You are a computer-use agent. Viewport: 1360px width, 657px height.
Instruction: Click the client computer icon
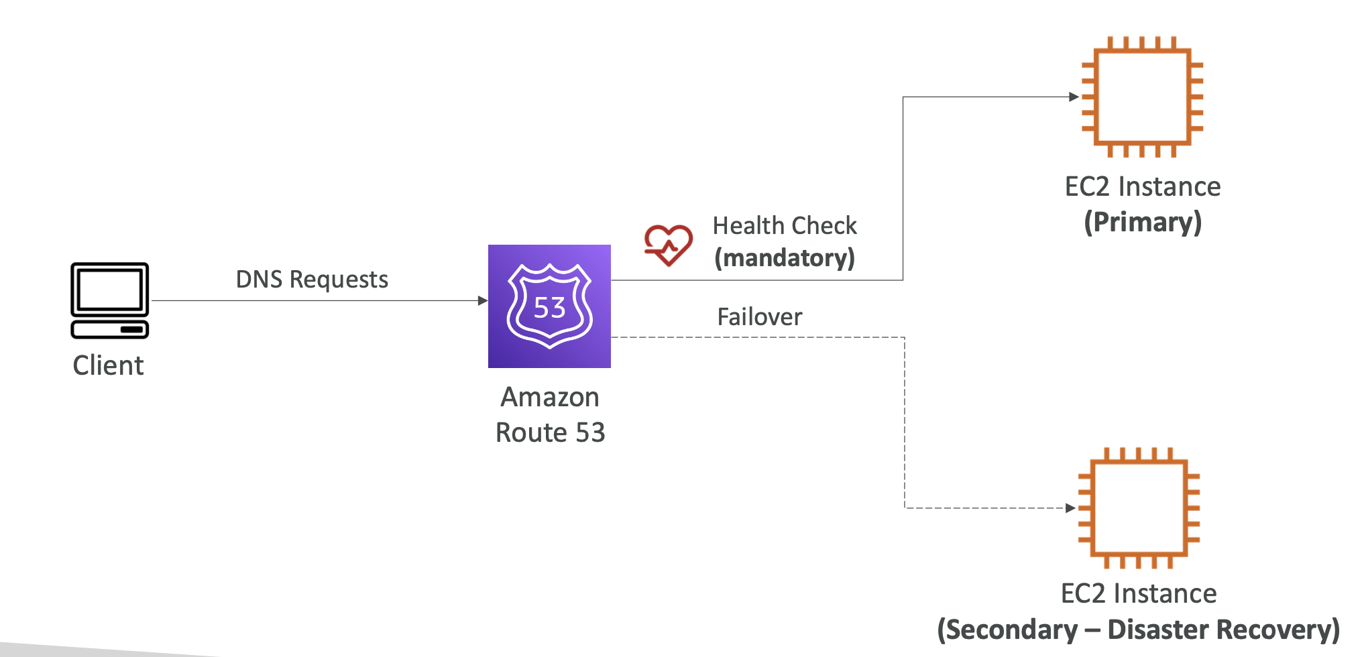109,299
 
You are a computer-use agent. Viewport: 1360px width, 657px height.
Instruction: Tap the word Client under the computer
108,365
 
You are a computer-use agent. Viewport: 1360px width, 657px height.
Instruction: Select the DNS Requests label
312,279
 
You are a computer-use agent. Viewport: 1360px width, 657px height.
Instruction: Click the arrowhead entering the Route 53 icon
482,300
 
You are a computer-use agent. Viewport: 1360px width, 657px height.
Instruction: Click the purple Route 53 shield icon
549,306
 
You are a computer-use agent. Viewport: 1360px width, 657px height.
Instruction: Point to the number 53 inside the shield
549,308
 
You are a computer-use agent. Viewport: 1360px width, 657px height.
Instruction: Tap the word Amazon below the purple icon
549,397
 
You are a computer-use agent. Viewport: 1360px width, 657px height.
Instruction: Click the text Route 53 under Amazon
550,432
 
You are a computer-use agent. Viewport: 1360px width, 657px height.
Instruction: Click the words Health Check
785,226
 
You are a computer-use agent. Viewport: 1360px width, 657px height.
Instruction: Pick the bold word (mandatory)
785,258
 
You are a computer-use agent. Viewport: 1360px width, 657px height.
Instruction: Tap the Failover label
759,316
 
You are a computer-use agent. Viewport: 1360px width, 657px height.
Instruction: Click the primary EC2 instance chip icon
1142,97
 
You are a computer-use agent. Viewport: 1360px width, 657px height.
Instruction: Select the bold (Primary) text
1143,222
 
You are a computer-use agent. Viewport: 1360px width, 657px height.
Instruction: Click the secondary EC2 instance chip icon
1139,507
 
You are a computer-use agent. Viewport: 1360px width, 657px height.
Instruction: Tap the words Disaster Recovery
1223,630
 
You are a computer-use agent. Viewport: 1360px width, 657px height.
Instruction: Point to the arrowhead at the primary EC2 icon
1074,97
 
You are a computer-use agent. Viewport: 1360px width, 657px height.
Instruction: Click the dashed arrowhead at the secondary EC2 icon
1070,507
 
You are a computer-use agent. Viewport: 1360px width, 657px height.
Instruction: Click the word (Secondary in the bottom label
1007,630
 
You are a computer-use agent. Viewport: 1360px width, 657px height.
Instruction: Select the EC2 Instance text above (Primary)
1143,186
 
